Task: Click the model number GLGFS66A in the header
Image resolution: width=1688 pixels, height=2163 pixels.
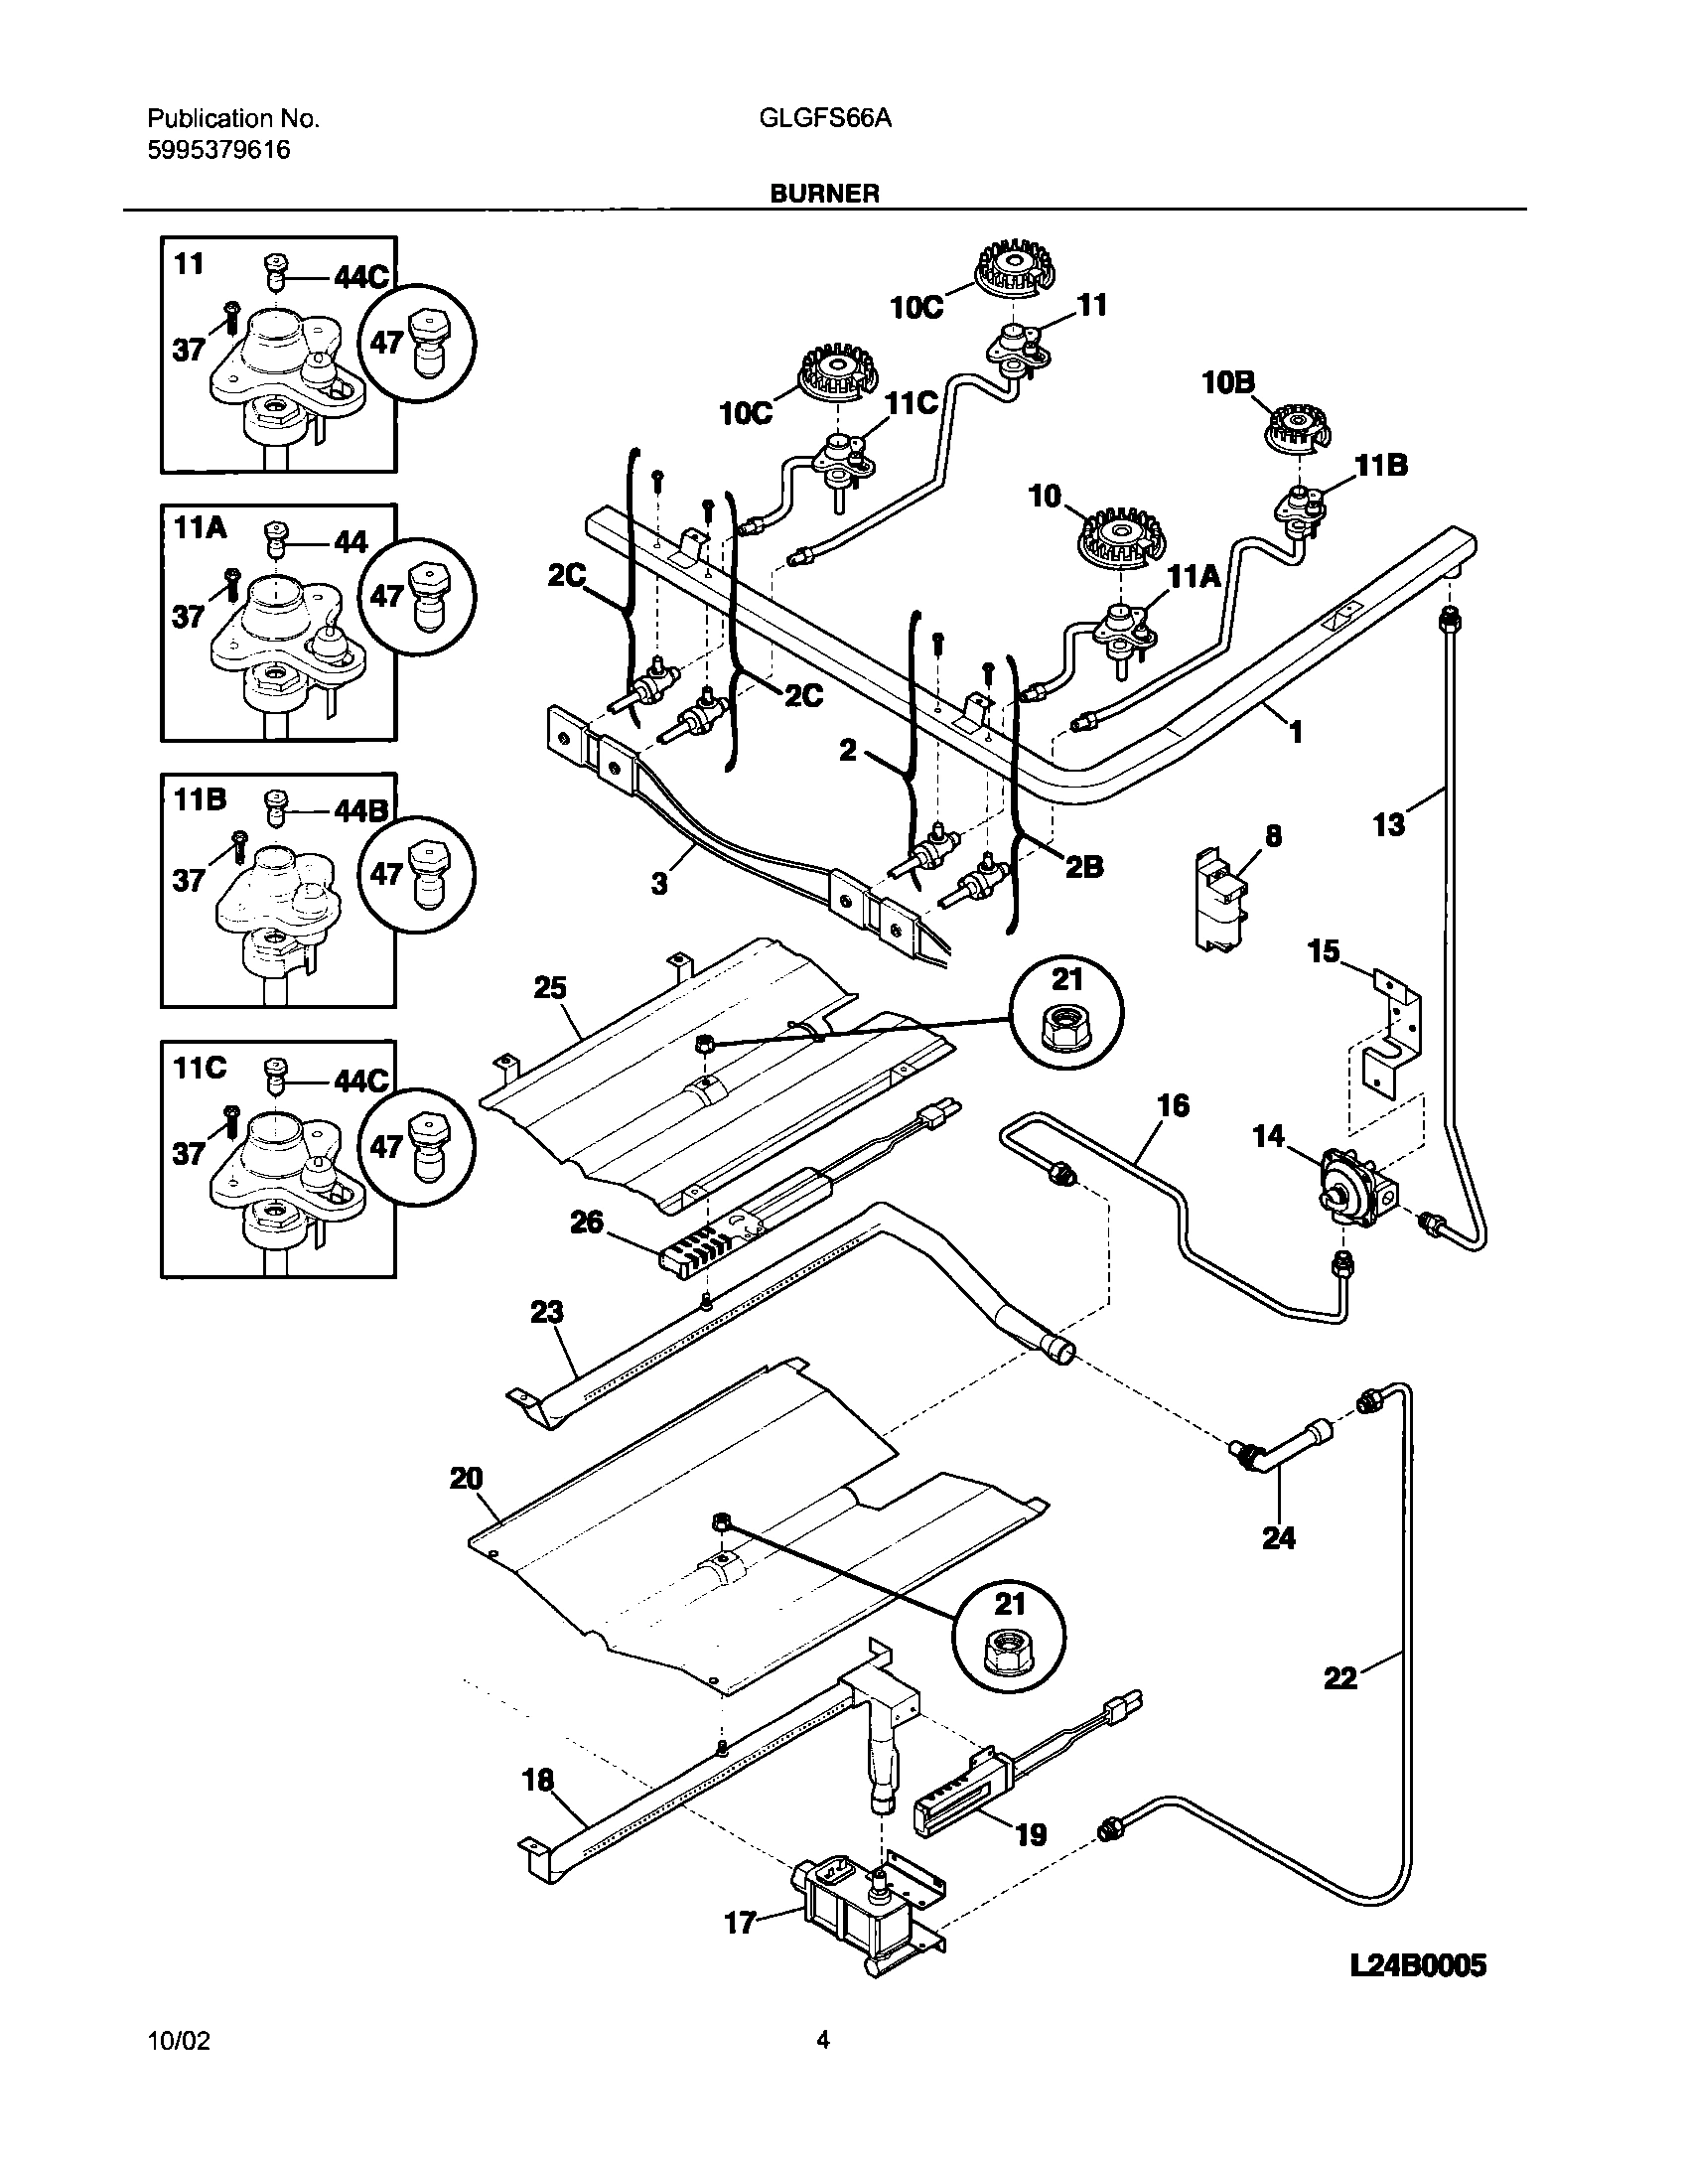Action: (824, 119)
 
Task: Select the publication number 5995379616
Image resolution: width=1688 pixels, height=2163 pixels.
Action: (219, 150)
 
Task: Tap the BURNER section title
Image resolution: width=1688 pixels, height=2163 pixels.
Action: (824, 194)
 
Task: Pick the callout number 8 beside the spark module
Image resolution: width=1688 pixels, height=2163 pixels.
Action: (1273, 836)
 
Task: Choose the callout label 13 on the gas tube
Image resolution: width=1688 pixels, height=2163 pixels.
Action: (1388, 823)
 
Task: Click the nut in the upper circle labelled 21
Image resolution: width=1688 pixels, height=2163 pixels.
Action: (1064, 1036)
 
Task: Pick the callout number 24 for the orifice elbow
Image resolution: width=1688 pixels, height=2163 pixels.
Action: (1279, 1537)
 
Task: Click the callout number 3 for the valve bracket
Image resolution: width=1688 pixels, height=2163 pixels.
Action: (659, 882)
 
